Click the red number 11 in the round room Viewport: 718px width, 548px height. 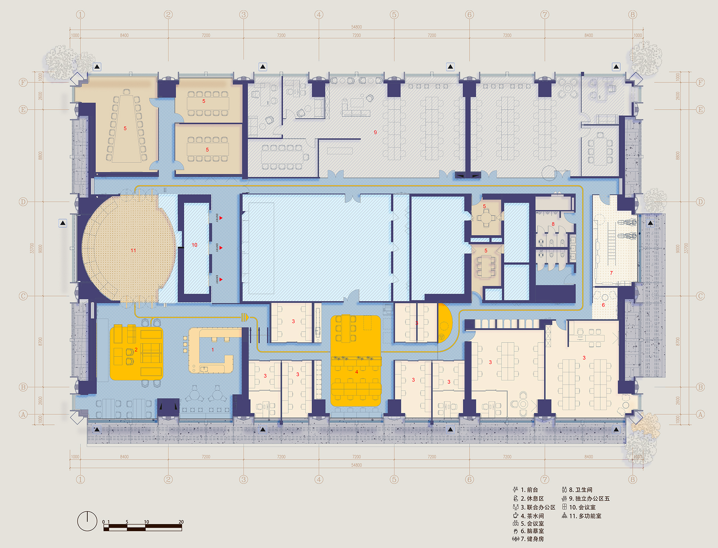pos(133,250)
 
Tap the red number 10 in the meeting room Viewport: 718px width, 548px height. pos(195,245)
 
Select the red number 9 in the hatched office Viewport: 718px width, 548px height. pos(376,133)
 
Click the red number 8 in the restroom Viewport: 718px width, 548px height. pos(553,224)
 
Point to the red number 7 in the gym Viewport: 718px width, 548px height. pos(611,273)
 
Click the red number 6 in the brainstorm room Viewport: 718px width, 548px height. pos(603,305)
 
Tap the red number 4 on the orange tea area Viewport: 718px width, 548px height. pos(356,372)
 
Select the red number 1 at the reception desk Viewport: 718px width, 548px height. pos(213,350)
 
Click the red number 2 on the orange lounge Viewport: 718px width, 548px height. pos(136,350)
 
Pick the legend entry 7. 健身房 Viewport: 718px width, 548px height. pos(532,539)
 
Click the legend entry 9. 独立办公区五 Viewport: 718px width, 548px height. pos(589,499)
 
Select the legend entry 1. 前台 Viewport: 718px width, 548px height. pos(529,490)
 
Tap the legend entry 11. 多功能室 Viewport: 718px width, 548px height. pos(585,516)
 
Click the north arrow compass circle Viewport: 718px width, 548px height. pos(87,521)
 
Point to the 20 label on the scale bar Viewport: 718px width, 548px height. pos(181,522)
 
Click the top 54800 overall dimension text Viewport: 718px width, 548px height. pos(356,27)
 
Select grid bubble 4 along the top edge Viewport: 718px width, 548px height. pos(319,15)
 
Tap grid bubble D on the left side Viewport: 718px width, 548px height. pos(23,202)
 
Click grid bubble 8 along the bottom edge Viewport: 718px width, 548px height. pos(633,479)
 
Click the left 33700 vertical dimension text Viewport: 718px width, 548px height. pos(32,248)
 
